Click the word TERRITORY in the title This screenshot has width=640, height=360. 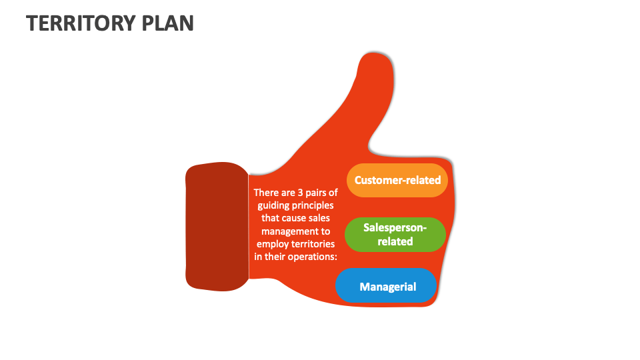[x=79, y=23]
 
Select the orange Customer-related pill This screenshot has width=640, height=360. [x=397, y=180]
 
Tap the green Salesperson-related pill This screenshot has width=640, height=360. [x=395, y=235]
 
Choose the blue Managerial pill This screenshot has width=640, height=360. [x=387, y=287]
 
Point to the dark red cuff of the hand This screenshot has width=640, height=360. [x=217, y=227]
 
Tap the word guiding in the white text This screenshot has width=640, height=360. [x=273, y=205]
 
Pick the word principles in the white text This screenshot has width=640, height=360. [x=313, y=205]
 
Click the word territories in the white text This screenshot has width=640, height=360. [x=314, y=245]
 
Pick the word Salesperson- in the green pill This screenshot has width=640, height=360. [x=395, y=227]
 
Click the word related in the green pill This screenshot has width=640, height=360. [x=395, y=241]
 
